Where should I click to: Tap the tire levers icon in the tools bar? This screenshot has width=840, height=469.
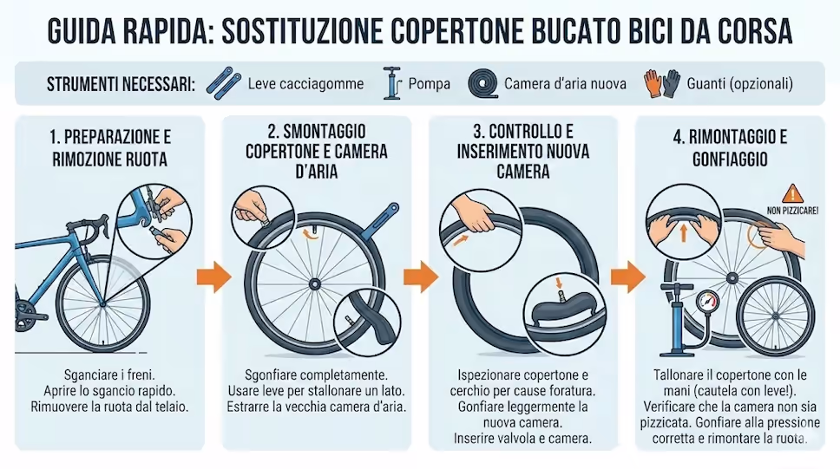click(x=223, y=83)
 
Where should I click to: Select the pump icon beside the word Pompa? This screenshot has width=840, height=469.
click(x=392, y=83)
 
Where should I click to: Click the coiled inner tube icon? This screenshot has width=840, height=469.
click(x=482, y=83)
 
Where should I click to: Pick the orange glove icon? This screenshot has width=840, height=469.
click(x=653, y=83)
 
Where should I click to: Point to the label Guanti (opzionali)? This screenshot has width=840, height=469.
click(x=739, y=83)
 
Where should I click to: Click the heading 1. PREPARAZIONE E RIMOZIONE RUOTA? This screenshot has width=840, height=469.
click(x=110, y=148)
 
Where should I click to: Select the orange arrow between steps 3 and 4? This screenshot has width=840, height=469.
click(x=628, y=277)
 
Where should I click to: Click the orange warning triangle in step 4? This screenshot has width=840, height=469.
click(x=792, y=194)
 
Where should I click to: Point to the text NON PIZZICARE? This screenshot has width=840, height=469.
click(x=792, y=211)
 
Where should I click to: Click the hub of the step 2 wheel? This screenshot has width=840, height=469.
click(x=314, y=283)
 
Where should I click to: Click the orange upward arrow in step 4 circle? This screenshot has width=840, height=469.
click(x=683, y=232)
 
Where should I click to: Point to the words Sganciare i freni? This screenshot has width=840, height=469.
click(x=109, y=375)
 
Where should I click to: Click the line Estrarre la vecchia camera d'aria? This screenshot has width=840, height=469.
click(x=316, y=407)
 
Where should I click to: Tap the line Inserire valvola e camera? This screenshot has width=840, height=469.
click(x=523, y=439)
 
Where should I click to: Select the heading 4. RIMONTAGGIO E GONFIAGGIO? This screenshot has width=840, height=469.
click(x=730, y=148)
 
